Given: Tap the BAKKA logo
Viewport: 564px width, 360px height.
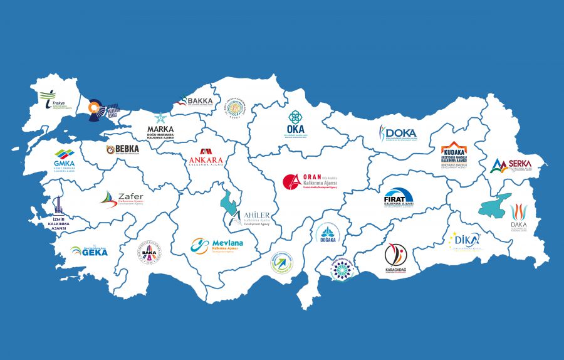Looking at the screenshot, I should (x=196, y=100).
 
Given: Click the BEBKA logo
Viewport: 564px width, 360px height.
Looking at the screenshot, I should (x=123, y=149).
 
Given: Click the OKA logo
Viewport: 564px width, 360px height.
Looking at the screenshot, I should (x=295, y=125).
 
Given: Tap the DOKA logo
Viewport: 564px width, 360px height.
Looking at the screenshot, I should (x=397, y=134).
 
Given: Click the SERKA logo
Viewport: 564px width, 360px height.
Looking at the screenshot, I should (x=511, y=166).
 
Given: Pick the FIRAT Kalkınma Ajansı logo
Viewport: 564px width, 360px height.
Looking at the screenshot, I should (x=399, y=198).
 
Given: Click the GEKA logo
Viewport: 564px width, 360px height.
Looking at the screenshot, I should (x=89, y=251).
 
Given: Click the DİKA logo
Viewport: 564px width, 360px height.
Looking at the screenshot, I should (x=465, y=241).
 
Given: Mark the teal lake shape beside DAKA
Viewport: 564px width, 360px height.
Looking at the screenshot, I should (x=495, y=208).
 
